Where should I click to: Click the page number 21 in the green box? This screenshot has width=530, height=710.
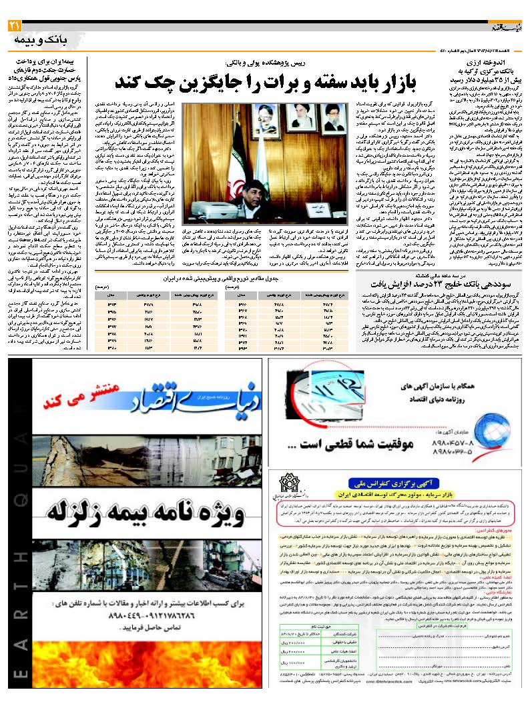tap(14, 26)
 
